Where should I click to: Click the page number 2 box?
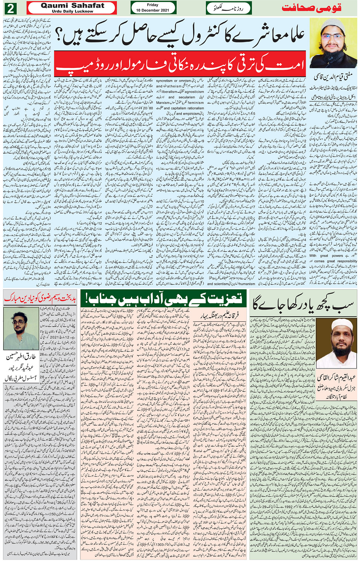coord(11,8)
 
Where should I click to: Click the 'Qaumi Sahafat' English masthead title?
coord(72,5)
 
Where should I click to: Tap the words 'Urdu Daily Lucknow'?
coord(72,11)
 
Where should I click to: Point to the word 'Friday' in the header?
coord(152,5)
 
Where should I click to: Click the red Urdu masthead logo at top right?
coord(311,8)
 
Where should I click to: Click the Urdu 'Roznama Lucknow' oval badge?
coord(229,8)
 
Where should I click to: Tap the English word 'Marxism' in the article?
coord(163,103)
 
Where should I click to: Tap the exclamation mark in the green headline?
coord(87,298)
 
